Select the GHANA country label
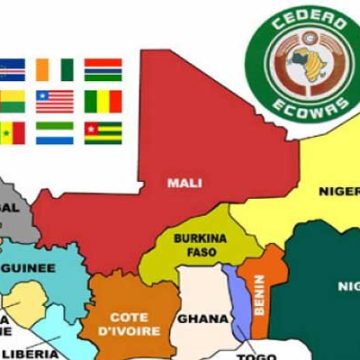197,319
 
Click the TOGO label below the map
255,355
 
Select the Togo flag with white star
101,132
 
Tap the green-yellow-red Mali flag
103,101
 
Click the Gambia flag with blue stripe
102,69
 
